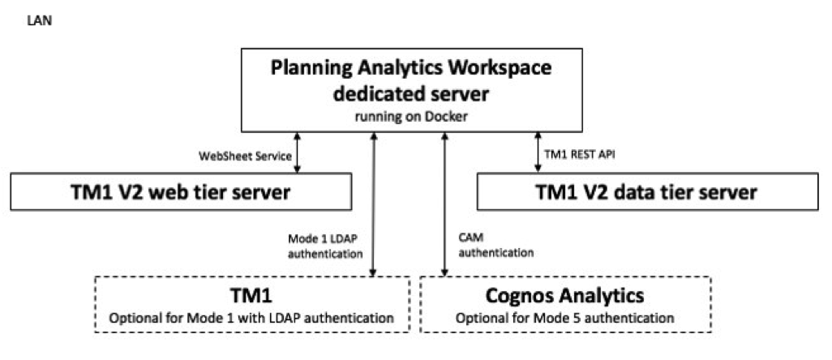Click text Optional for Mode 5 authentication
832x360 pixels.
click(x=565, y=316)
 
